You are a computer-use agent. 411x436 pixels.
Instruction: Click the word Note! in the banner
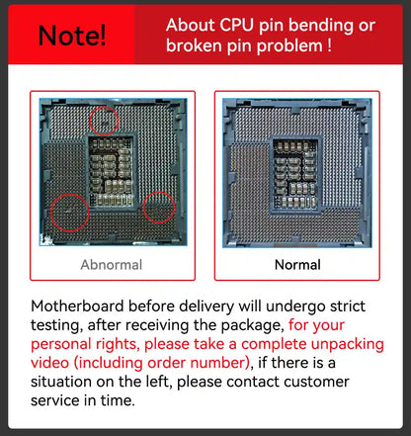pos(72,35)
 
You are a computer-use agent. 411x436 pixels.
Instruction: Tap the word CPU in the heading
pos(237,26)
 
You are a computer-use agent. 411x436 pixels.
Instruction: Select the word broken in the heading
pos(194,45)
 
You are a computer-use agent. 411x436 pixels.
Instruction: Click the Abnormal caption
pos(112,265)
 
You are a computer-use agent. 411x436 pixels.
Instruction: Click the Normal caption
pos(297,265)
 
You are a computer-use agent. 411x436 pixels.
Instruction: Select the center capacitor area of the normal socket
pos(295,175)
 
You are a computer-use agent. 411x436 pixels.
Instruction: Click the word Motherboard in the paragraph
pos(77,306)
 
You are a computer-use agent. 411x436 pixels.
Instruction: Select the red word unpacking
pos(348,345)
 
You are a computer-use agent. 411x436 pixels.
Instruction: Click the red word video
pos(49,363)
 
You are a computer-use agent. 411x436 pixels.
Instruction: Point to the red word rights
pos(116,345)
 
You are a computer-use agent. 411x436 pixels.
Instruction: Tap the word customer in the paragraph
pos(316,382)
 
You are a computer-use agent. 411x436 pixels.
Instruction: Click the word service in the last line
pos(55,400)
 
